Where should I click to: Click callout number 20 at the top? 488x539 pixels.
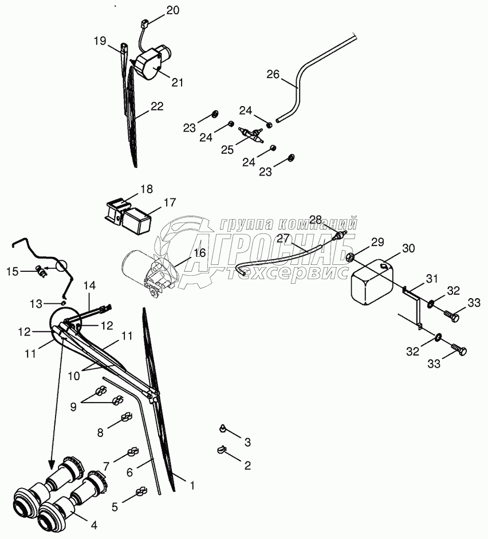coord(172,10)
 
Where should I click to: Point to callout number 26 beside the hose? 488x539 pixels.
coord(273,74)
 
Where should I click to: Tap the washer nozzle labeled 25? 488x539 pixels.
coord(253,135)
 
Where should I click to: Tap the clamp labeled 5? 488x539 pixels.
coord(140,491)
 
